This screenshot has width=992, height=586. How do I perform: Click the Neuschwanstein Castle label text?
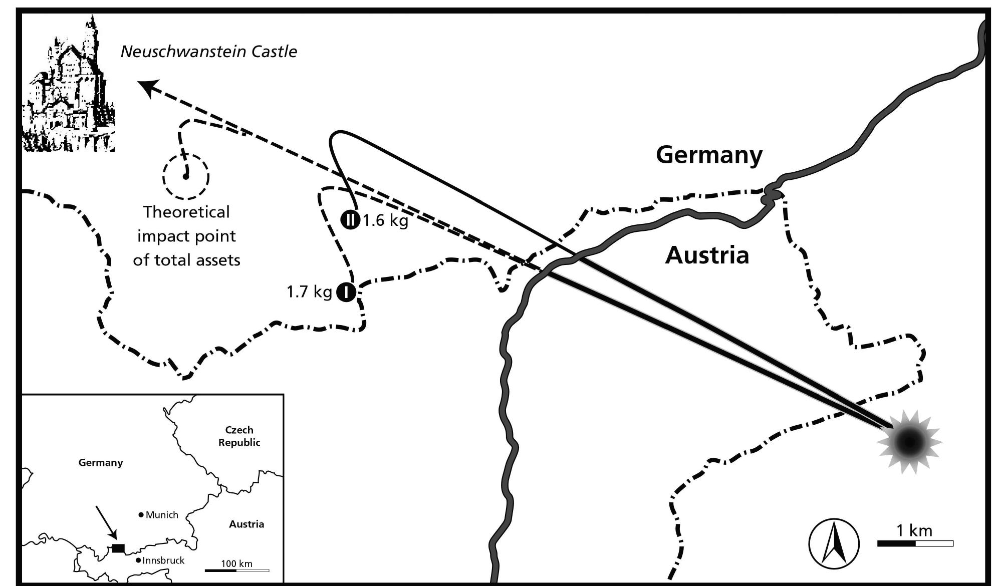[209, 52]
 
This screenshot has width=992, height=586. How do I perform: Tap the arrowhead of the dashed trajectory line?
[146, 88]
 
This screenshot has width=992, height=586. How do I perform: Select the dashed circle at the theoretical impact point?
[185, 176]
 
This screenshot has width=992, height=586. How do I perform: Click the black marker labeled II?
[350, 220]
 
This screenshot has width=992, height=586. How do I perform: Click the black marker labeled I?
[346, 292]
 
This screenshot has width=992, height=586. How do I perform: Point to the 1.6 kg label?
[385, 220]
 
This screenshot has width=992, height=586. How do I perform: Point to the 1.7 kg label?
[309, 292]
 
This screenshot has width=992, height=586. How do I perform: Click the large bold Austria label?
[707, 255]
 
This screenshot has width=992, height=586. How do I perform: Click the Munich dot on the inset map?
[141, 514]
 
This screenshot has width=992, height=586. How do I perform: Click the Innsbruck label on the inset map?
[163, 560]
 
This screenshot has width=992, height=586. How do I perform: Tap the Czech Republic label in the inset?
[239, 436]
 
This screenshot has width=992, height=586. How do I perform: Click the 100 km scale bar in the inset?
[237, 570]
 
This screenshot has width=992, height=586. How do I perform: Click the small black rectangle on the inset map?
[118, 548]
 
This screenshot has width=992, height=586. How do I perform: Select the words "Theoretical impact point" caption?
[186, 224]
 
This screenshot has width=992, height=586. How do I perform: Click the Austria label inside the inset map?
[246, 524]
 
